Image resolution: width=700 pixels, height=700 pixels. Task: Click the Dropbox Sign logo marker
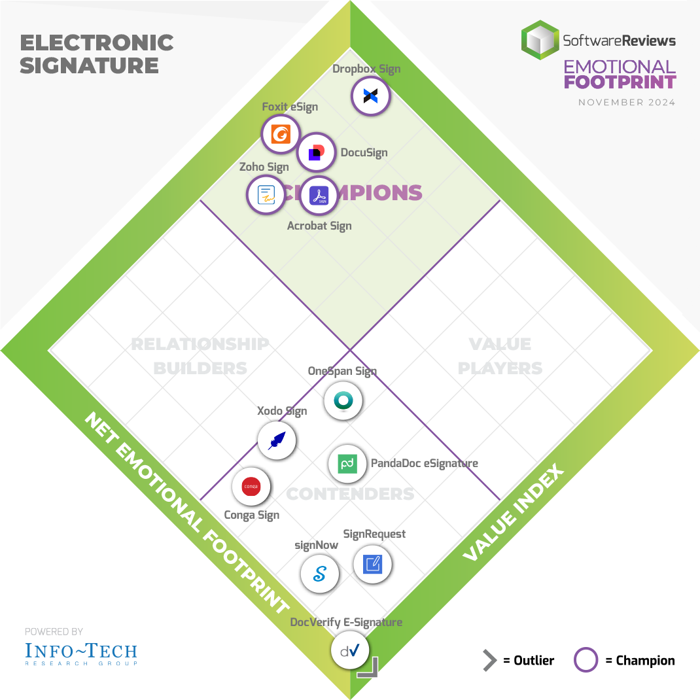coord(371,97)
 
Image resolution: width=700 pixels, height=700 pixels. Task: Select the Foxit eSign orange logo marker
coord(281,134)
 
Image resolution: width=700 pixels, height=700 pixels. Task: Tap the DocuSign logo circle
coord(317,153)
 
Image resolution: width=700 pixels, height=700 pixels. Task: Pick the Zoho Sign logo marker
coord(266,195)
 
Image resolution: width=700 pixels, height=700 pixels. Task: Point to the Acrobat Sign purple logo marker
coord(318,196)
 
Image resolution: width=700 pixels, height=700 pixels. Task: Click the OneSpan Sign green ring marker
coord(343,400)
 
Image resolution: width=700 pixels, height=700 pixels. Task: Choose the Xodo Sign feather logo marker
coord(277,440)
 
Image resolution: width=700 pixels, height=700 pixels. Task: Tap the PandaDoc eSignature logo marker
coord(347,464)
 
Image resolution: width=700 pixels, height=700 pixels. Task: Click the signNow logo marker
coord(320,574)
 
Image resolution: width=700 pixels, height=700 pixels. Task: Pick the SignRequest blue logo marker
coord(372,563)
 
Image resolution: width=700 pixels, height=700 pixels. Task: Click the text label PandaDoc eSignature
coord(425,463)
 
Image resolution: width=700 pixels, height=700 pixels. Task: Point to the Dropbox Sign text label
coord(366,69)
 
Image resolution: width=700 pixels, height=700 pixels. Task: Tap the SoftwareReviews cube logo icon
coord(540,41)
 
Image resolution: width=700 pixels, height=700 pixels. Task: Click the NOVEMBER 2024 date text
coord(627,103)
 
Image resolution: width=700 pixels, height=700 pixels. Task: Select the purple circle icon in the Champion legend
coord(586,660)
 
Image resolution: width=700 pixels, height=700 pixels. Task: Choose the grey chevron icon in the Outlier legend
coord(489,661)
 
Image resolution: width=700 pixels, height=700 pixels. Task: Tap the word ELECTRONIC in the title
coord(97,43)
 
